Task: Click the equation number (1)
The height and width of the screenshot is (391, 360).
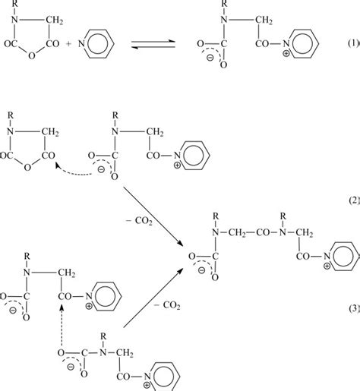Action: (351, 39)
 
